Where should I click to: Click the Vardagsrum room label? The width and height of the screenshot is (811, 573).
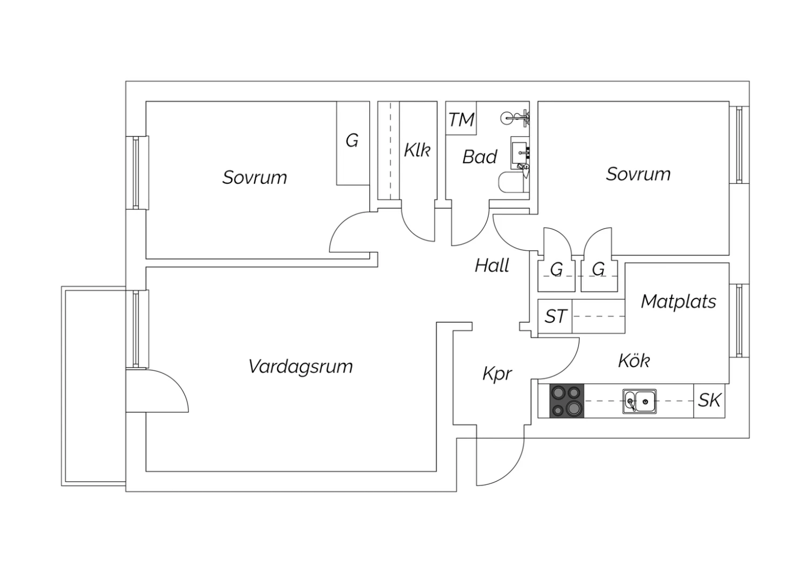pos(301,367)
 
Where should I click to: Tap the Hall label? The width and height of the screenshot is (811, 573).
pos(492,265)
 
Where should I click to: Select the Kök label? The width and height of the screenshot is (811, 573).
pos(634,360)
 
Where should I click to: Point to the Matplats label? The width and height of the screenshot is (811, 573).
pos(679,301)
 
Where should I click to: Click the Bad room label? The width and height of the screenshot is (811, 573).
pos(480,157)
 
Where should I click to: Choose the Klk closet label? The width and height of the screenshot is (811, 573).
pos(417,150)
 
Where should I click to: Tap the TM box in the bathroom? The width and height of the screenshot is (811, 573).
pos(461,118)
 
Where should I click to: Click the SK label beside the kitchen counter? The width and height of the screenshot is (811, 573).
pos(709,401)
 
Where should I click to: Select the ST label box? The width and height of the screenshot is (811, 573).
pos(555,316)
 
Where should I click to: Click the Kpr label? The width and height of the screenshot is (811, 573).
pos(497,374)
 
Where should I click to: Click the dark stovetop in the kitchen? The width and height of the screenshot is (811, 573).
pos(567,401)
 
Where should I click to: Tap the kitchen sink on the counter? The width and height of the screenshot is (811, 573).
pos(640,401)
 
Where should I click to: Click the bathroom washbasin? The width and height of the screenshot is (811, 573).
pos(520,153)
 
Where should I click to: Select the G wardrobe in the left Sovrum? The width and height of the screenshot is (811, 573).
pos(353,143)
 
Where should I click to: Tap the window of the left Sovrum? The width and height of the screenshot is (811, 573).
pos(137,172)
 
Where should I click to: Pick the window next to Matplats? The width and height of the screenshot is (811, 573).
pos(739,321)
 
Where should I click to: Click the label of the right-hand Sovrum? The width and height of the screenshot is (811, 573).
pos(639,174)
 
